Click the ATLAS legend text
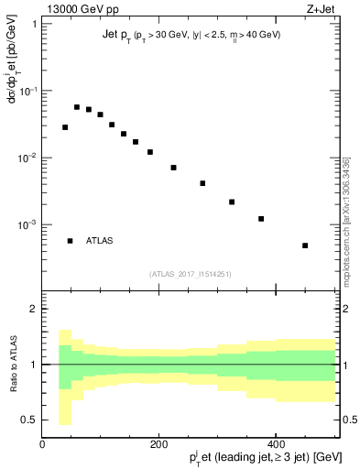pyautogui.click(x=100, y=241)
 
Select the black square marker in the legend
pyautogui.click(x=70, y=241)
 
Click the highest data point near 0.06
pyautogui.click(x=77, y=107)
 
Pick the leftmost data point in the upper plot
pyautogui.click(x=65, y=127)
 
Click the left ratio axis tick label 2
pyautogui.click(x=34, y=309)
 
